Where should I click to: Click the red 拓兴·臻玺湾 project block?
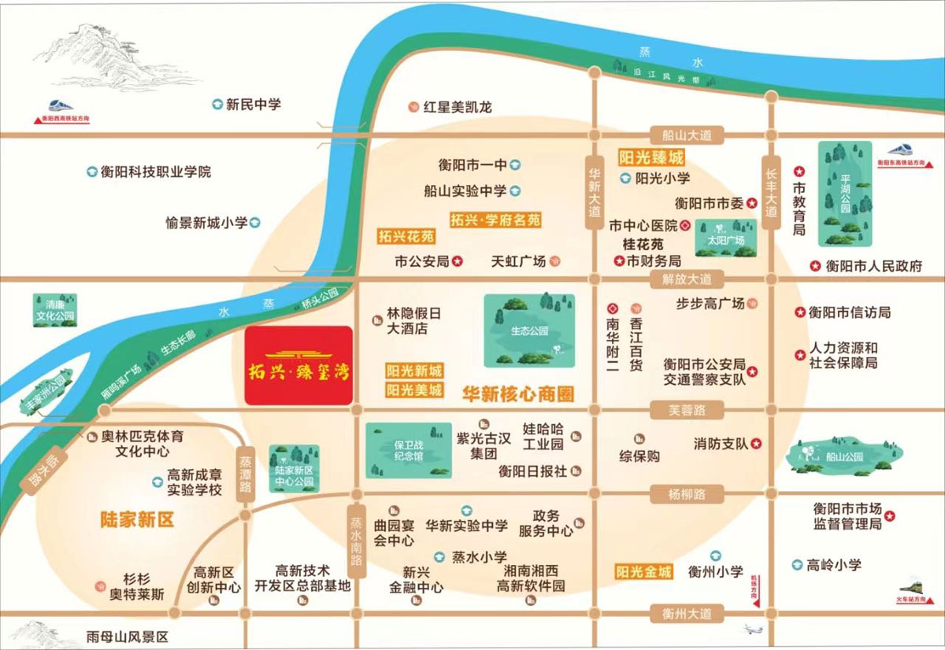(298, 365)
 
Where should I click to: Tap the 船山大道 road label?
(682, 135)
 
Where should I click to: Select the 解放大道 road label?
(682, 279)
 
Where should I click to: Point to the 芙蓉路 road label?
(676, 409)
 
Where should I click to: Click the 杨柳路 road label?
(676, 494)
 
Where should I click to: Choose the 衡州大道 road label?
(682, 612)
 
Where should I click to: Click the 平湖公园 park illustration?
(845, 194)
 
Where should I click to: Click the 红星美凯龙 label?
(457, 107)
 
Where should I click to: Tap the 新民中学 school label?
(253, 104)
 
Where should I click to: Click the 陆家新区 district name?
(136, 519)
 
